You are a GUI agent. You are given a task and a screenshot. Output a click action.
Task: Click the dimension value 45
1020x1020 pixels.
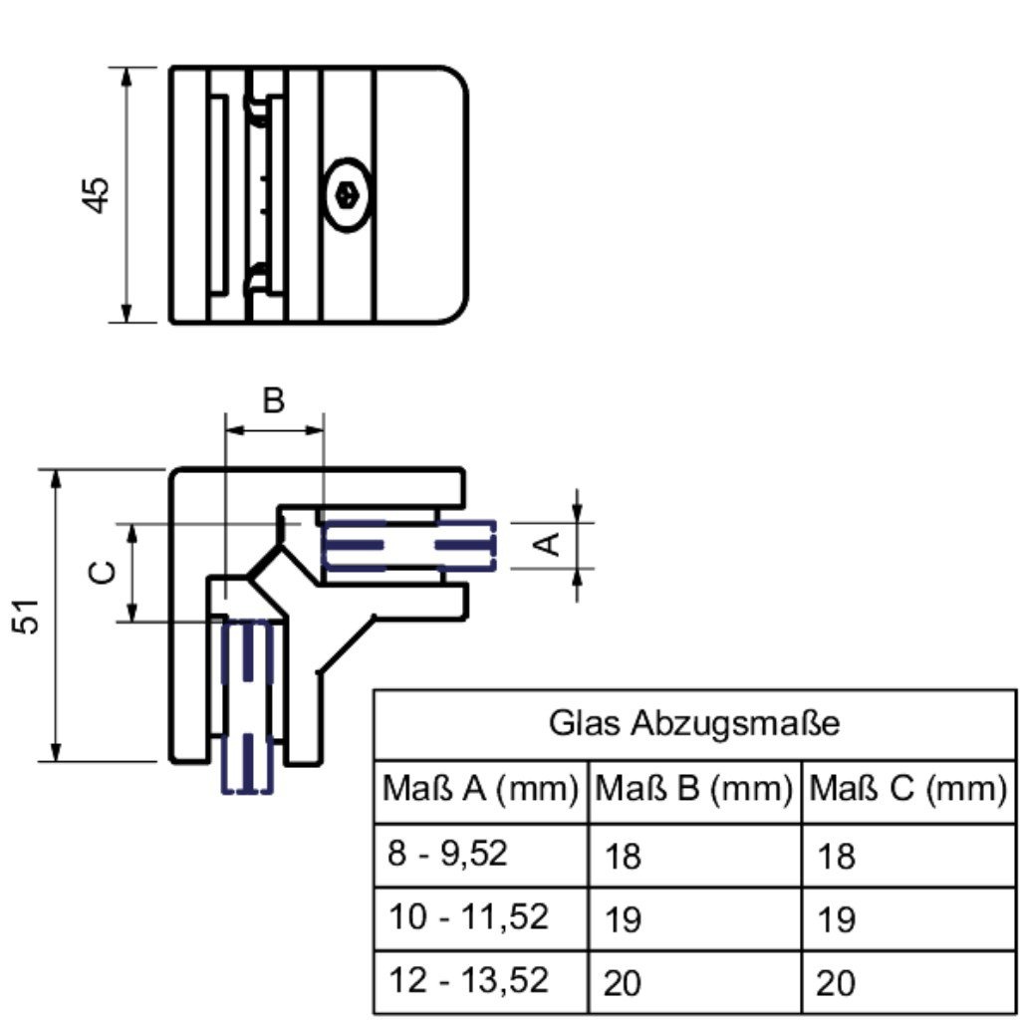point(97,194)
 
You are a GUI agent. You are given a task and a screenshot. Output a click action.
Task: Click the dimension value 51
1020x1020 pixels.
point(30,616)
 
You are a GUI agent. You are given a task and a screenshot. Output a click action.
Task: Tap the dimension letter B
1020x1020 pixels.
point(274,400)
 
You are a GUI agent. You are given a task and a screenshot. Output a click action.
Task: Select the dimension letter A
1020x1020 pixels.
point(548,543)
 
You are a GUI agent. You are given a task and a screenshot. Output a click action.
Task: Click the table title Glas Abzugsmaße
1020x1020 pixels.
point(694,723)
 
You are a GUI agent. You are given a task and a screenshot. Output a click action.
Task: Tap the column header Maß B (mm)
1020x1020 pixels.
point(694,790)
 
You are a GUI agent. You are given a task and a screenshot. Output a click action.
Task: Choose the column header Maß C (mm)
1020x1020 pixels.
point(907,790)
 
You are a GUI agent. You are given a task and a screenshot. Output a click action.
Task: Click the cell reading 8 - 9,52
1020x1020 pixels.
point(447,854)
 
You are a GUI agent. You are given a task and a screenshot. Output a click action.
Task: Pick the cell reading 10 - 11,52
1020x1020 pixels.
point(467,916)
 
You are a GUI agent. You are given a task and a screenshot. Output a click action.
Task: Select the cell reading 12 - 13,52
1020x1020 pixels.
point(467,980)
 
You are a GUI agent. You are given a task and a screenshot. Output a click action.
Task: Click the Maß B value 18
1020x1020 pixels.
point(623,856)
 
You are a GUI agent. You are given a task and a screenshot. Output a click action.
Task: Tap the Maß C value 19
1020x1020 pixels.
point(836,919)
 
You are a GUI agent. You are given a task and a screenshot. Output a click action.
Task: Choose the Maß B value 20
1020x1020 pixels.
point(623,983)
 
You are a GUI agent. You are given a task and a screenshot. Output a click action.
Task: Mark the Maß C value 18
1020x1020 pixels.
point(836,856)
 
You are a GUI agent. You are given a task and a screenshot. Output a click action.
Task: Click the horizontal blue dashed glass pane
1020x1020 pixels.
point(408,546)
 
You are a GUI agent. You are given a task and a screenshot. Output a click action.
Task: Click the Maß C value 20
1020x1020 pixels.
point(836,983)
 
